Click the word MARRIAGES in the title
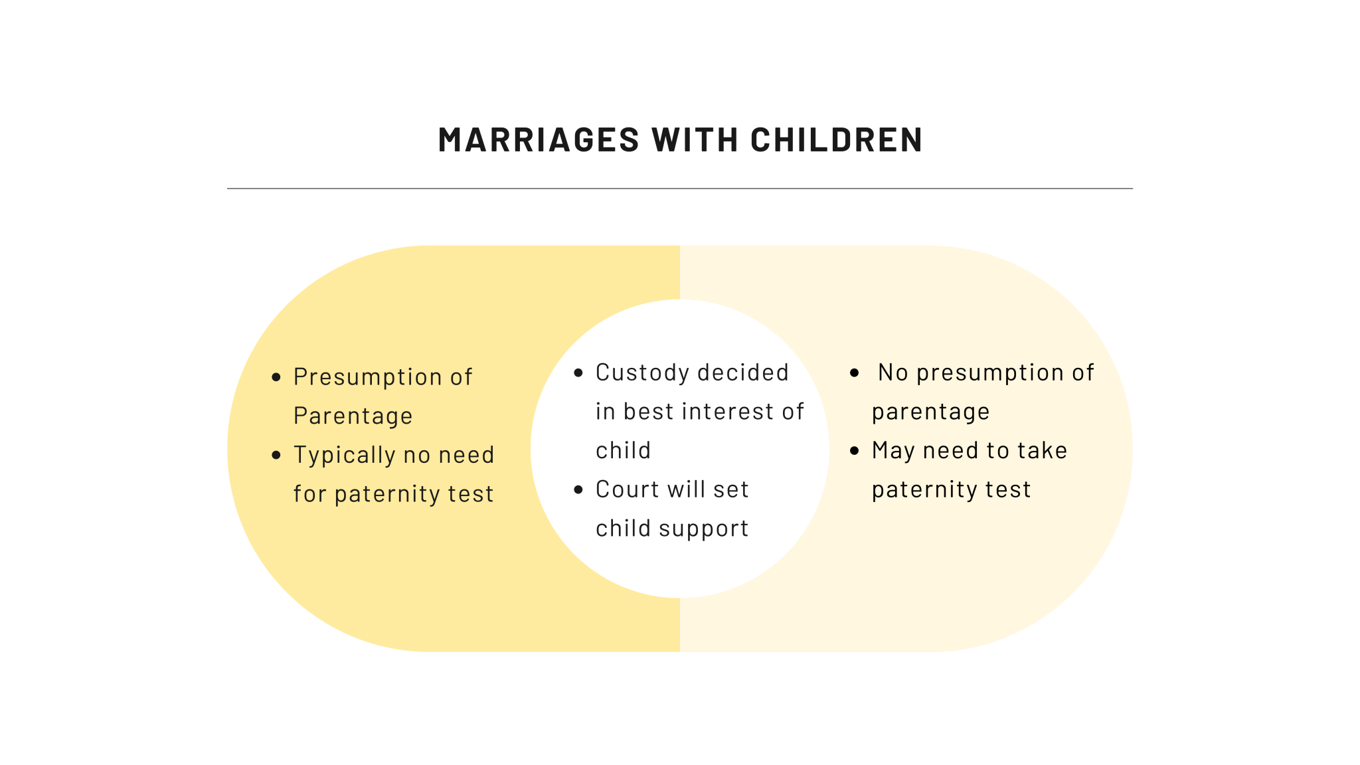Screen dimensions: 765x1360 [539, 140]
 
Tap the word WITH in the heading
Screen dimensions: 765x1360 [695, 140]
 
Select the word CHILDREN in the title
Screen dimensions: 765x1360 [837, 140]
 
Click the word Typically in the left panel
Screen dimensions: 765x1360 [344, 456]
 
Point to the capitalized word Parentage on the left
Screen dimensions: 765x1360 [353, 416]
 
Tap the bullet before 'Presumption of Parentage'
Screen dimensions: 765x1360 [276, 378]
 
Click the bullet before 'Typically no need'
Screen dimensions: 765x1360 [276, 456]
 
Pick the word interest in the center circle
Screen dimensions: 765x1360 [728, 412]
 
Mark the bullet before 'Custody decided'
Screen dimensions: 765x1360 [578, 373]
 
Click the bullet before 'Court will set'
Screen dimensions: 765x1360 [578, 490]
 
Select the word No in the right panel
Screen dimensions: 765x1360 [892, 373]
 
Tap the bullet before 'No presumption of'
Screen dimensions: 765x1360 [855, 373]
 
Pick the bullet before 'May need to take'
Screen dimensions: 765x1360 [855, 451]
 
